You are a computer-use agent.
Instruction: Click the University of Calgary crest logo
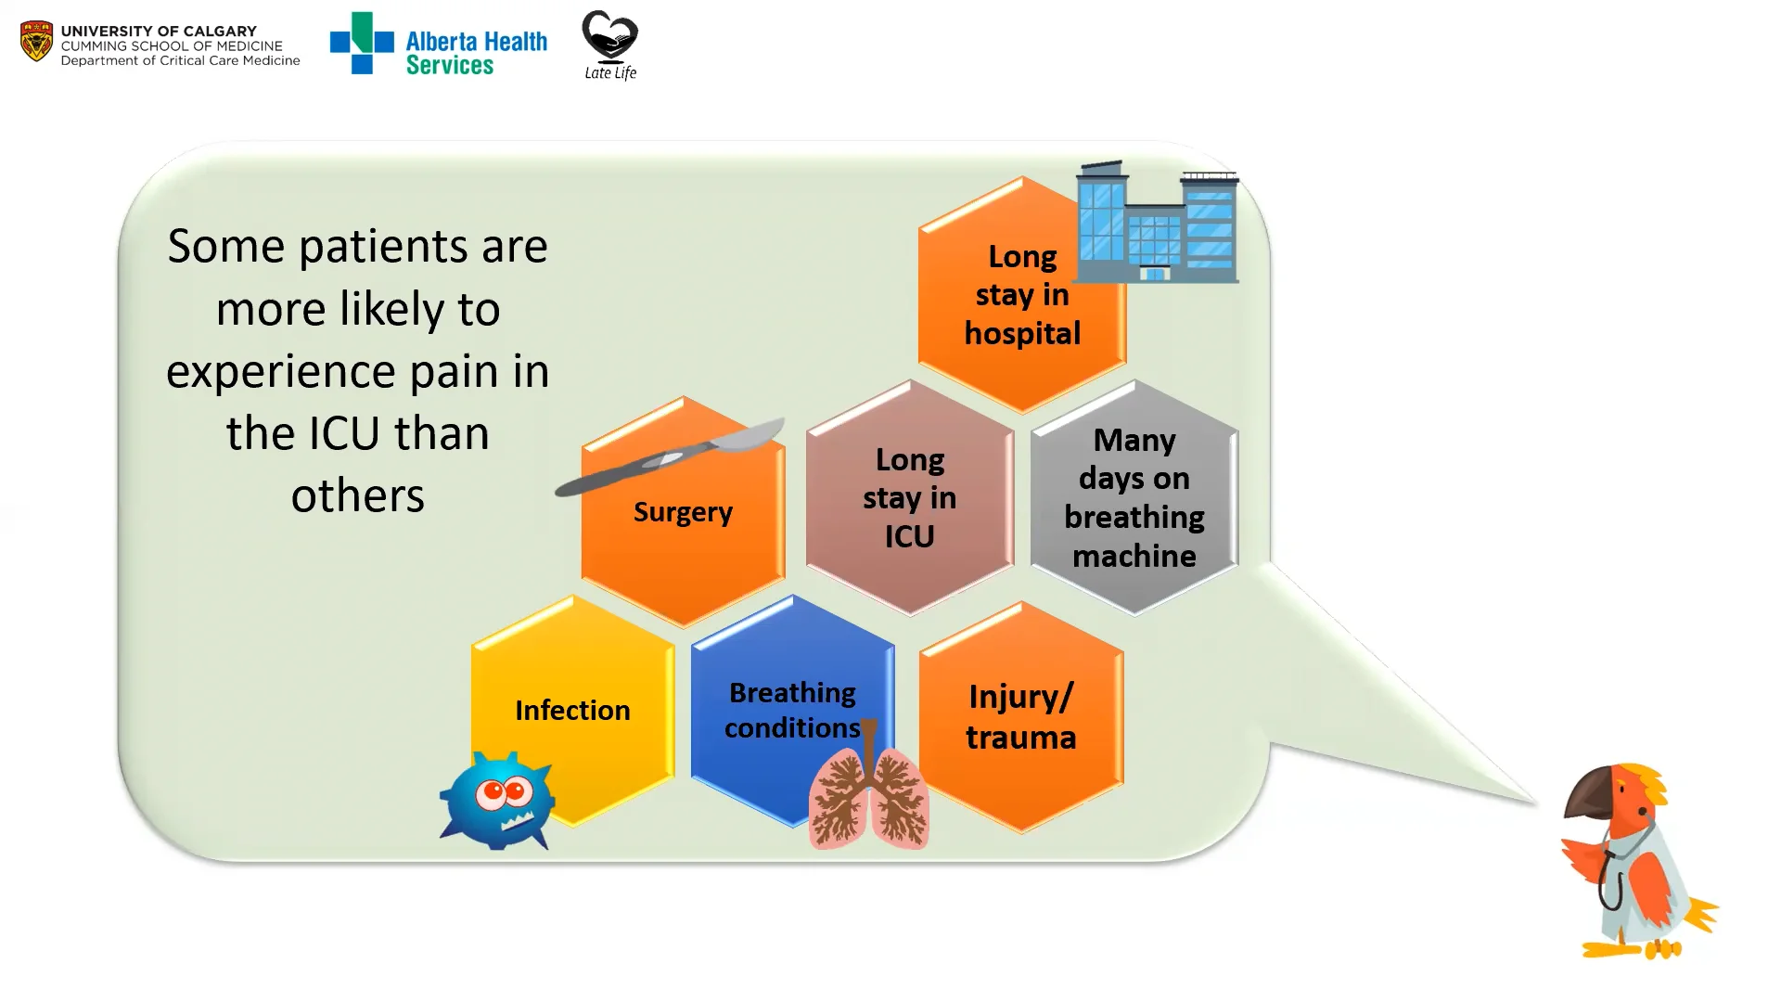pyautogui.click(x=36, y=42)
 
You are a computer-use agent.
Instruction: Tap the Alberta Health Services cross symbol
pyautogui.click(x=361, y=43)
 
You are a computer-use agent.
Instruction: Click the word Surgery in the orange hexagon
pyautogui.click(x=683, y=512)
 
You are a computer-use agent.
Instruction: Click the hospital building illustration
pyautogui.click(x=1157, y=225)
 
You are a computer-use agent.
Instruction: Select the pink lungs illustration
pyautogui.click(x=868, y=796)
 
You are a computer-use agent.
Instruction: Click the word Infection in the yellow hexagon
pyautogui.click(x=572, y=711)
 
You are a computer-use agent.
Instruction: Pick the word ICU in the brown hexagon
pyautogui.click(x=909, y=536)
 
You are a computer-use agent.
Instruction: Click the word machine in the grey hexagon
pyautogui.click(x=1134, y=556)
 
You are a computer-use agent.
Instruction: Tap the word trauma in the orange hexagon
pyautogui.click(x=1020, y=738)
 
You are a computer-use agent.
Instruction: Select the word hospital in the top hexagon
pyautogui.click(x=1022, y=333)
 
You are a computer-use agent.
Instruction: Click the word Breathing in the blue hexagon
pyautogui.click(x=792, y=693)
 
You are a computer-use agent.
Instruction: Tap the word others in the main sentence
pyautogui.click(x=357, y=495)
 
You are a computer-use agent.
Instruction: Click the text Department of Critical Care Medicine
pyautogui.click(x=180, y=61)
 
